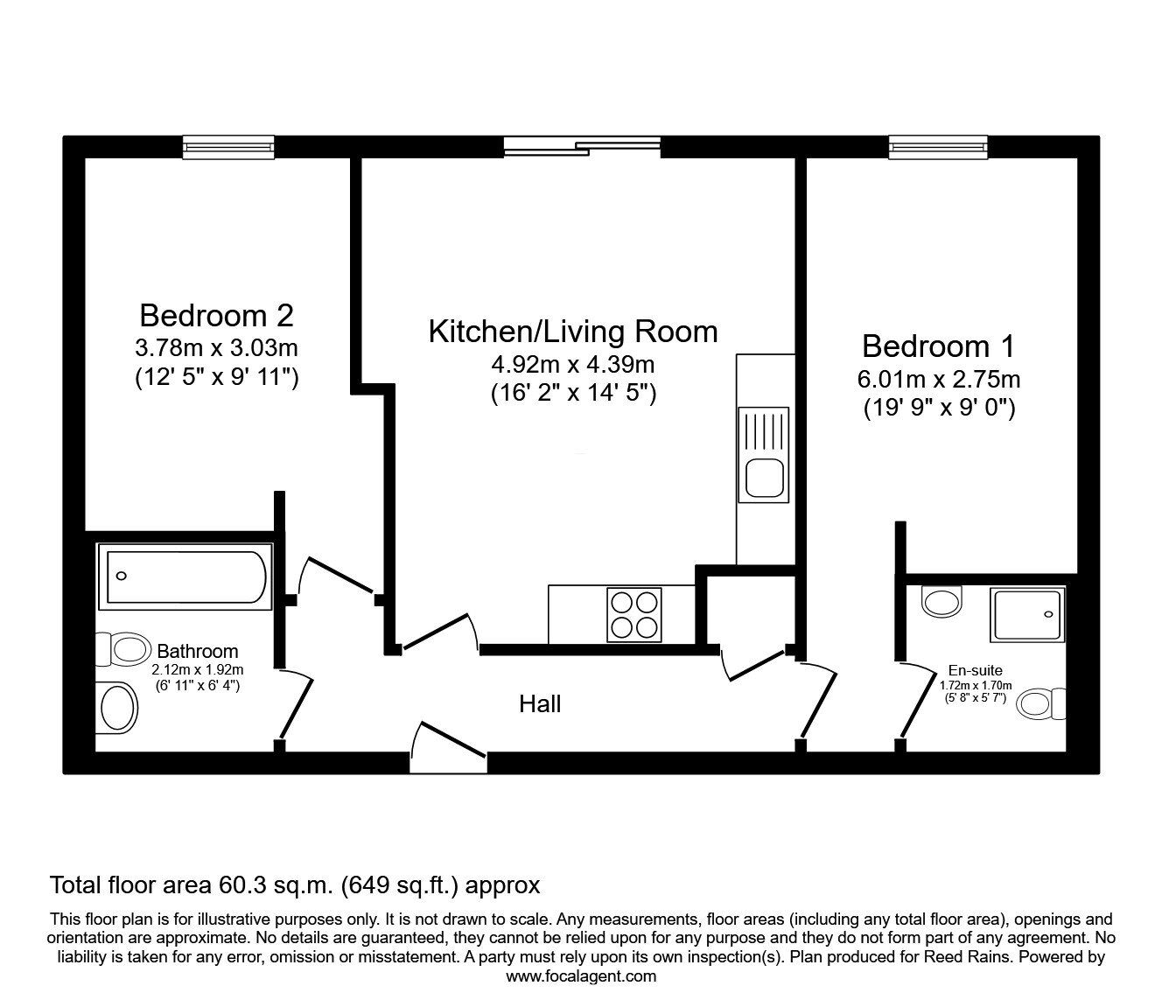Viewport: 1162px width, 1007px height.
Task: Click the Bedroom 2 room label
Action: click(216, 315)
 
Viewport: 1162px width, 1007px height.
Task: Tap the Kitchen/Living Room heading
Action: click(572, 332)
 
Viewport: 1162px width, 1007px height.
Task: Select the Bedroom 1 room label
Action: click(938, 346)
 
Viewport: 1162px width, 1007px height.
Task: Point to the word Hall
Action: click(540, 704)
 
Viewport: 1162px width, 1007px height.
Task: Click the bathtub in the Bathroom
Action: click(184, 577)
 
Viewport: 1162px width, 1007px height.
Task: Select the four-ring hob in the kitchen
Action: click(633, 615)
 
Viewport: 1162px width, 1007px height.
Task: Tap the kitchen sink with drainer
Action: click(764, 454)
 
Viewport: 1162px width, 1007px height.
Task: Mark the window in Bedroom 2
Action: click(228, 147)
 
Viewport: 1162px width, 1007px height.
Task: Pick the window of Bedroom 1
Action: click(938, 147)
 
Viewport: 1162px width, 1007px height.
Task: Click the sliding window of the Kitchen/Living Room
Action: click(582, 147)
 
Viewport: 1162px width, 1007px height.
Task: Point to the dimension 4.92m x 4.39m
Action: click(572, 365)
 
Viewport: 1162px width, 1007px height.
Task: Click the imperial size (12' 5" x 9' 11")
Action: click(216, 379)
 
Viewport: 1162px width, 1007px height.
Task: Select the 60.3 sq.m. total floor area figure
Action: click(271, 885)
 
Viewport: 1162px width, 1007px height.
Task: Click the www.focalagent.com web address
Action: click(581, 976)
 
